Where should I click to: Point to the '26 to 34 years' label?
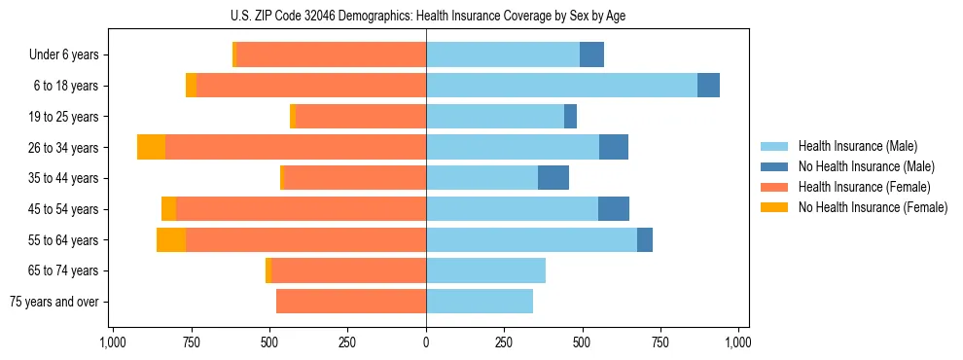tap(64, 148)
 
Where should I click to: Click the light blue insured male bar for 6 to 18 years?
tap(561, 86)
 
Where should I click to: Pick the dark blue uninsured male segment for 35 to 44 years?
tap(553, 178)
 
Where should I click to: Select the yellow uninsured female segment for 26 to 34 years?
tap(151, 147)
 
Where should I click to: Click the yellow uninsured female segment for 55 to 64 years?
tap(171, 239)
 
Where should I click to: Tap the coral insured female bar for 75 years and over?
tap(351, 302)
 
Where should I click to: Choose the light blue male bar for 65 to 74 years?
tap(485, 270)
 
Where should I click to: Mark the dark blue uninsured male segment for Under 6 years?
tap(591, 55)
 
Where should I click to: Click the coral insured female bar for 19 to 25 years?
tap(361, 117)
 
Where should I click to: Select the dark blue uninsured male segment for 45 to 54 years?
tap(614, 209)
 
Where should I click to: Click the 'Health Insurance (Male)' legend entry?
tap(857, 146)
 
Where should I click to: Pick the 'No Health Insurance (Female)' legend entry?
tap(873, 207)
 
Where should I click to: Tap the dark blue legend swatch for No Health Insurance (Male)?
tap(774, 166)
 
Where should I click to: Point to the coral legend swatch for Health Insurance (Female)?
tap(774, 187)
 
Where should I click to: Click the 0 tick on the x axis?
tap(426, 342)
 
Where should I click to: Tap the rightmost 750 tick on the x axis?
tap(660, 342)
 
